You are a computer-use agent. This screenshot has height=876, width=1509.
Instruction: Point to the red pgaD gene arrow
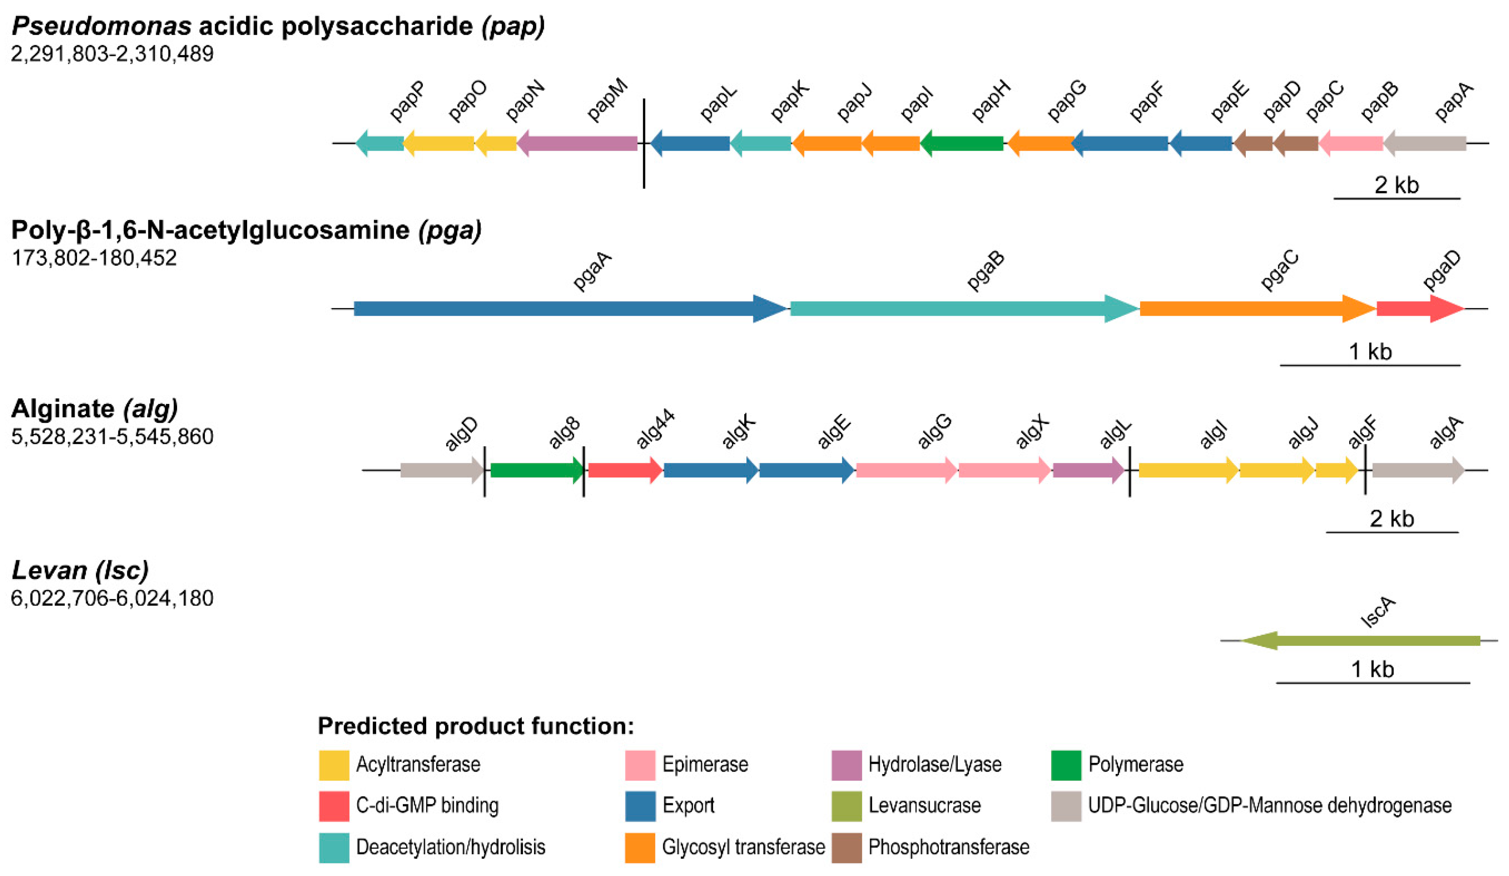[1420, 309]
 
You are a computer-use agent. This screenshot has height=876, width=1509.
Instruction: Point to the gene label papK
[789, 101]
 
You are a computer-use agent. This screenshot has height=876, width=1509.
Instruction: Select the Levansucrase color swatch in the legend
[846, 806]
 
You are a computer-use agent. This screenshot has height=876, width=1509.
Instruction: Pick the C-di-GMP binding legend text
[427, 806]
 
